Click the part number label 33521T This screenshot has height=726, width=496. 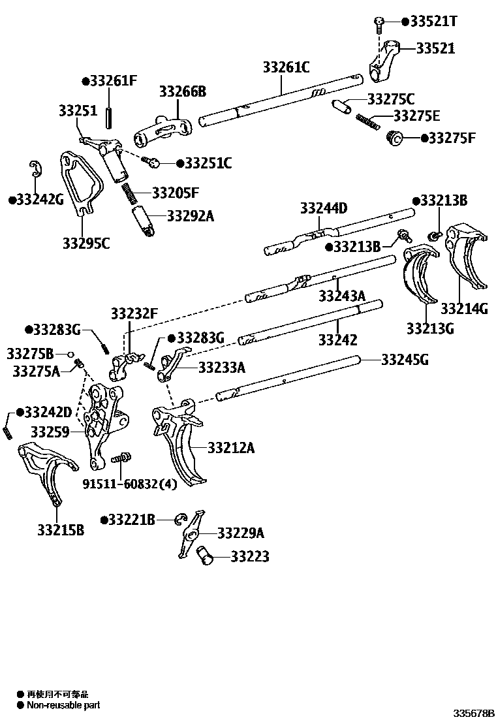tap(433, 22)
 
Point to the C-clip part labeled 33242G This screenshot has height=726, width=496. tap(37, 168)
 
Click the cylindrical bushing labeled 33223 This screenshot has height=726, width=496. tap(207, 556)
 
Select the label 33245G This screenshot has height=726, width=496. tap(405, 359)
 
